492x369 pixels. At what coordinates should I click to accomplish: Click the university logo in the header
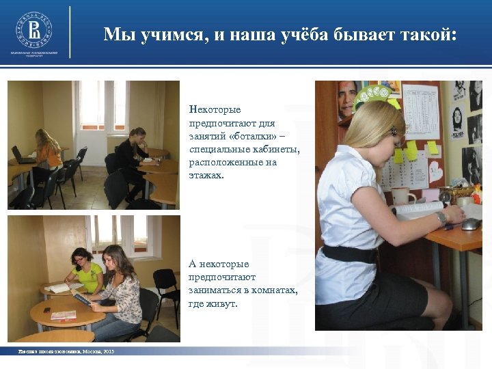34,30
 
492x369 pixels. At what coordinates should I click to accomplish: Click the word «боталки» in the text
246,136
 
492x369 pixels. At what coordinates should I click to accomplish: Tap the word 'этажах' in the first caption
208,176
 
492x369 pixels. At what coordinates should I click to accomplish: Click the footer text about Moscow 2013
66,351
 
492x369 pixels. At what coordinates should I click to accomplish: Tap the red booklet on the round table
63,315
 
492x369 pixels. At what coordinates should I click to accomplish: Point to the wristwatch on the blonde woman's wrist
441,218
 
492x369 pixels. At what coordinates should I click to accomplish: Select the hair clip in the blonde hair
394,131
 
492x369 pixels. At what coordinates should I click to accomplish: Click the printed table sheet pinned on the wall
420,112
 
